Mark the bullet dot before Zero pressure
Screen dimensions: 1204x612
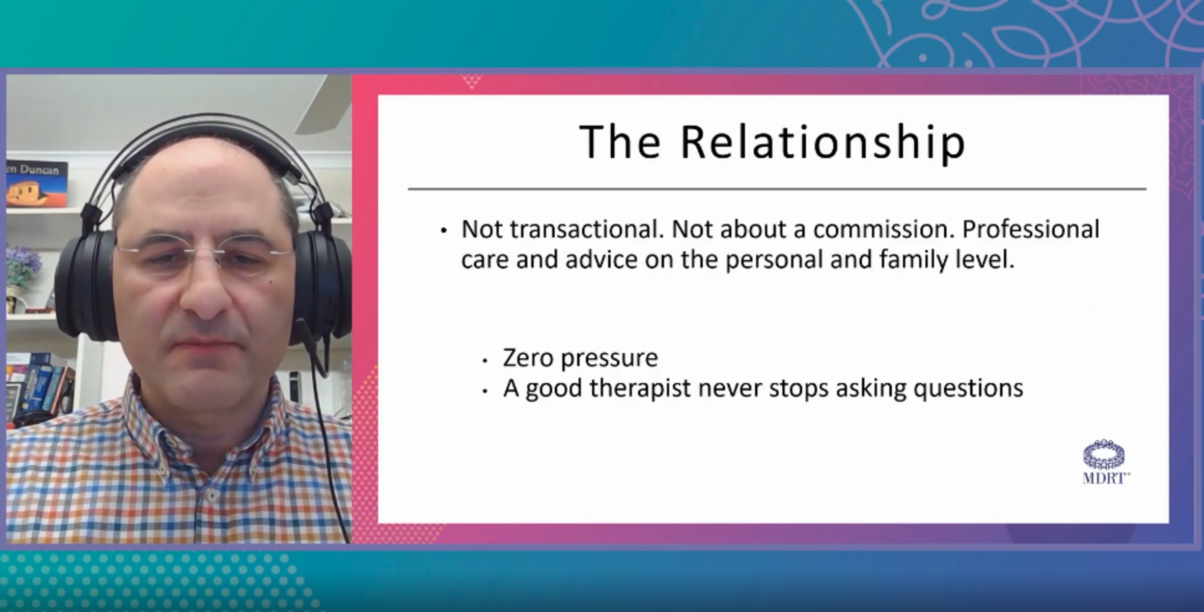pyautogui.click(x=485, y=360)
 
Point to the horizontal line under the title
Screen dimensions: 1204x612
pyautogui.click(x=777, y=189)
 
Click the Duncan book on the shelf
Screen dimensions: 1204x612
pyautogui.click(x=36, y=183)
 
